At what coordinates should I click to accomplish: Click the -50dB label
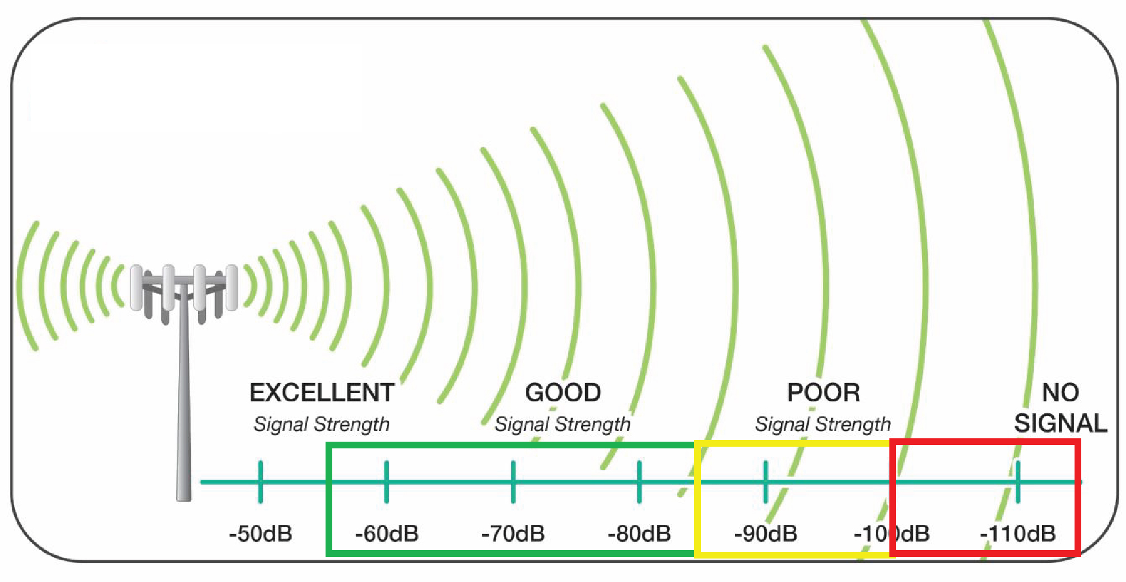coord(261,534)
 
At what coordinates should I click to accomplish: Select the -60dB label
coord(387,534)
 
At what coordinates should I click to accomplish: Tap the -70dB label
coord(513,534)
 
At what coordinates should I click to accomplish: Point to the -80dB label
coord(639,534)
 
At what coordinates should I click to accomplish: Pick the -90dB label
coord(766,534)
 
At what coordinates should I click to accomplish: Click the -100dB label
coord(892,534)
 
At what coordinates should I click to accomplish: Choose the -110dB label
coord(1018,534)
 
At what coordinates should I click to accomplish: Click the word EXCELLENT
coord(322,392)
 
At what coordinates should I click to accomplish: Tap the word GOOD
coord(563,392)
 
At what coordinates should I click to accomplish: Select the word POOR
coord(823,392)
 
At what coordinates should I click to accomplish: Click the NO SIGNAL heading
coord(1061,408)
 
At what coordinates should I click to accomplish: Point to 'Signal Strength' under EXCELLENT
coord(322,425)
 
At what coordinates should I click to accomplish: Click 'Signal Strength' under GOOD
coord(563,425)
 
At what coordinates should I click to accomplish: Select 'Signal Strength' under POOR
coord(823,425)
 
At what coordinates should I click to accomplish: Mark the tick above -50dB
coord(261,481)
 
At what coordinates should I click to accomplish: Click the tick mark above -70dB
coord(513,481)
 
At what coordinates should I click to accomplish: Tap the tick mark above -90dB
coord(766,481)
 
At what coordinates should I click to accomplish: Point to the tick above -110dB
coord(1018,481)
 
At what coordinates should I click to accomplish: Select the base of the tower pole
coord(184,495)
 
